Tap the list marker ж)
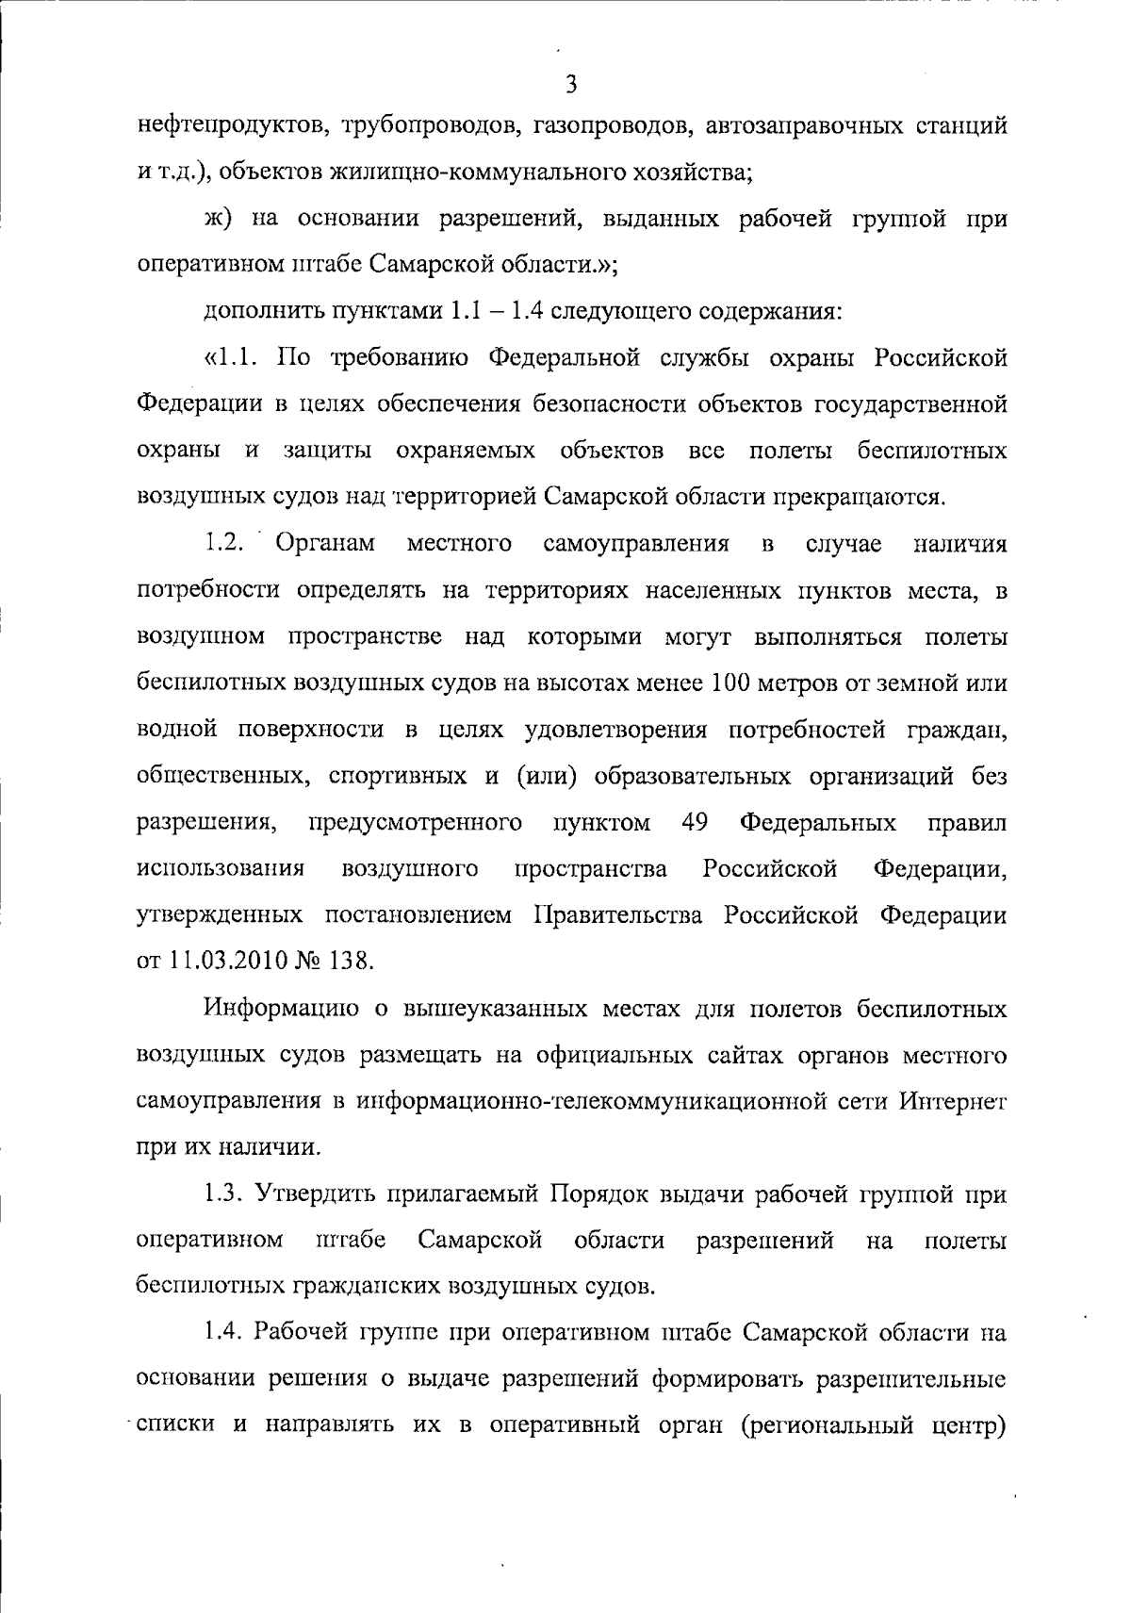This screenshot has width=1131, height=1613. coord(218,220)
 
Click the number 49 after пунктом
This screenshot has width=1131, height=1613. coord(694,822)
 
